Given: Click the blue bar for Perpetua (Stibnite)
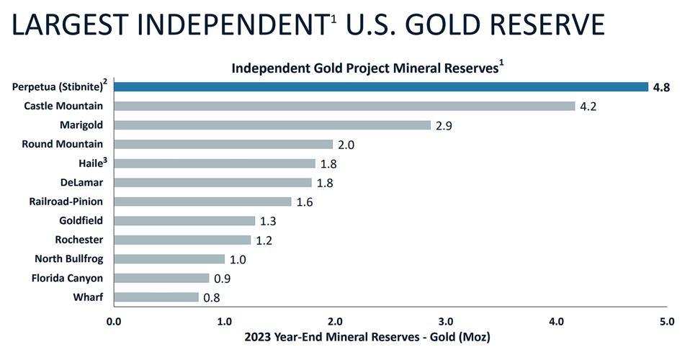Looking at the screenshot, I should pyautogui.click(x=380, y=86).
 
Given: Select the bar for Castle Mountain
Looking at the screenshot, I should pyautogui.click(x=344, y=106).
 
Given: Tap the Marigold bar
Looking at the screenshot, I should pyautogui.click(x=272, y=125).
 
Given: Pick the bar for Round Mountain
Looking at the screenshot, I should pyautogui.click(x=223, y=144).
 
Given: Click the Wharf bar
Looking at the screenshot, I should pyautogui.click(x=156, y=297).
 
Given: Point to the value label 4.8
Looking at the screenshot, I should pyautogui.click(x=662, y=88).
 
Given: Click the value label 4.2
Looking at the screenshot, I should pyautogui.click(x=589, y=107).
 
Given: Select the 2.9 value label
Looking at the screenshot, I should pyautogui.click(x=444, y=126).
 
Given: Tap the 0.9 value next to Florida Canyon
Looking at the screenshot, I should pyautogui.click(x=223, y=279).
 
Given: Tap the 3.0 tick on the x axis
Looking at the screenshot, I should pyautogui.click(x=445, y=321).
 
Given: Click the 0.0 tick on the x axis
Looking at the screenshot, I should pyautogui.click(x=113, y=321).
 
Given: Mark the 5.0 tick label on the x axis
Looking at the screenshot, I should pyautogui.click(x=666, y=321).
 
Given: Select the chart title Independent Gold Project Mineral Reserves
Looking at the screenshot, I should pyautogui.click(x=367, y=68).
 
